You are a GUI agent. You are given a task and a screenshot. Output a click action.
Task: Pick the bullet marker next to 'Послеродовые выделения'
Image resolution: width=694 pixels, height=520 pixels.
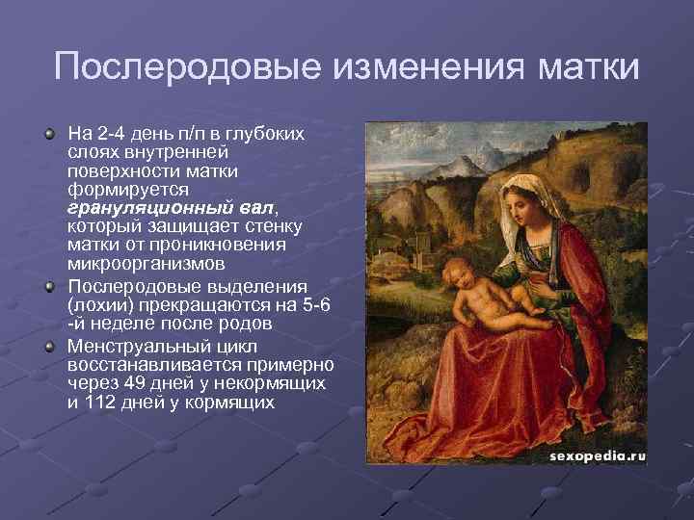pyautogui.click(x=51, y=286)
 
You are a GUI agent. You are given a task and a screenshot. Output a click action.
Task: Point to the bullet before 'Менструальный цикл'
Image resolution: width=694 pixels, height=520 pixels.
pyautogui.click(x=51, y=344)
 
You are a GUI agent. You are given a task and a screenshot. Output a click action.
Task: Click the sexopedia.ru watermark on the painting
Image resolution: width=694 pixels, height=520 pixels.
pyautogui.click(x=598, y=456)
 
